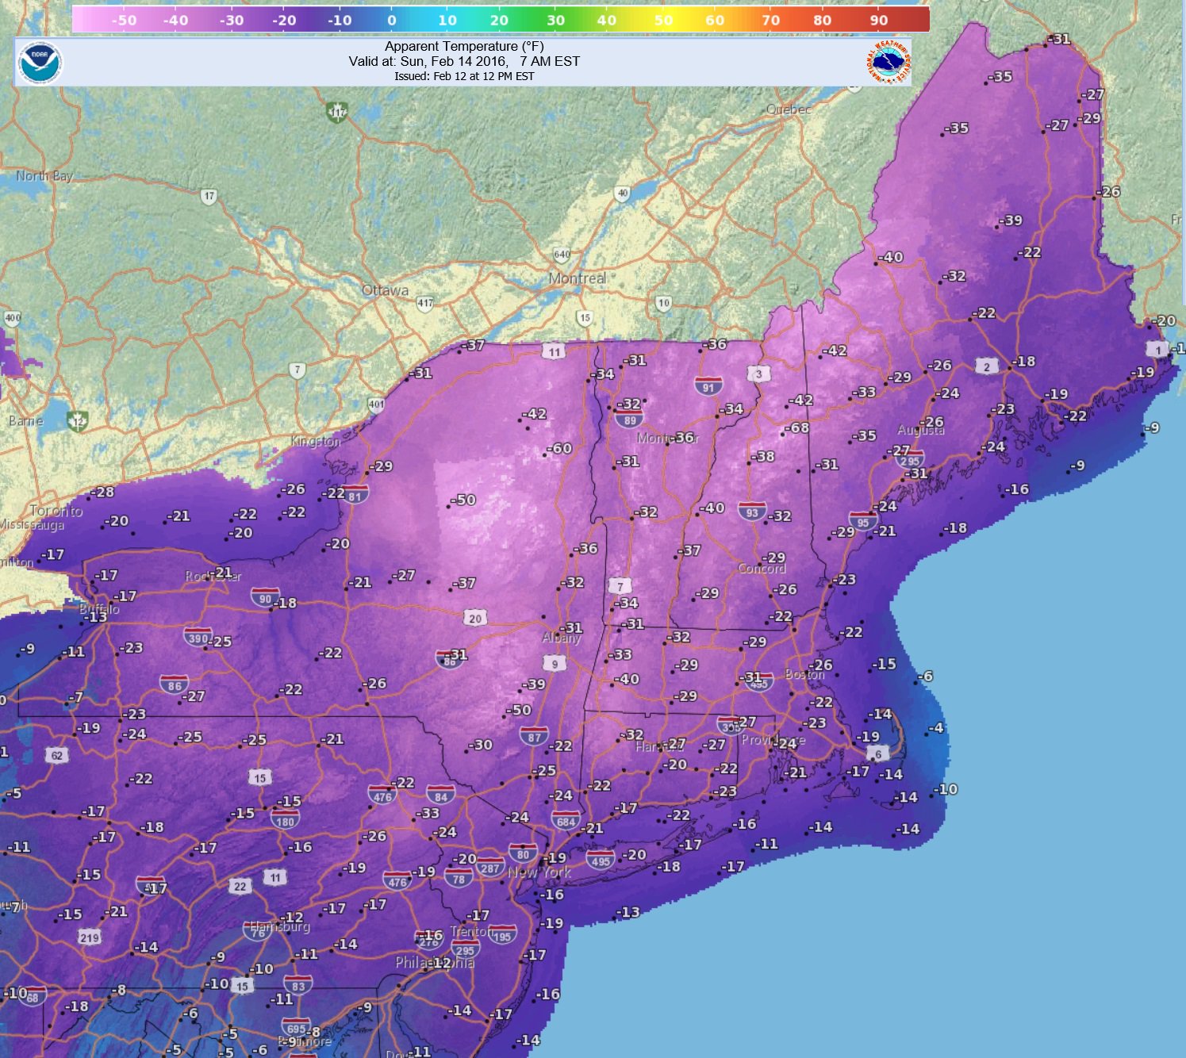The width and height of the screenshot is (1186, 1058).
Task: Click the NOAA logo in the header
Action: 40,63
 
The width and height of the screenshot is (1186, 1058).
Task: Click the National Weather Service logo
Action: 888,63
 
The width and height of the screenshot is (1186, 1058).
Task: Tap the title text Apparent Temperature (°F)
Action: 464,46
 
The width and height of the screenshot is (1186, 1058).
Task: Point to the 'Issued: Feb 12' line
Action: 464,76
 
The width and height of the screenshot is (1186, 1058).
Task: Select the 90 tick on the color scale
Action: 878,21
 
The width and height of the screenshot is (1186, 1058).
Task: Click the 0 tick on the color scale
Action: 391,21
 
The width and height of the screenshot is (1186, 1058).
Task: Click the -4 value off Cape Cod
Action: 936,728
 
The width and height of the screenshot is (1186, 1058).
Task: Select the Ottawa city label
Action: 385,290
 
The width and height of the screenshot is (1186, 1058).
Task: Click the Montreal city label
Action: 577,278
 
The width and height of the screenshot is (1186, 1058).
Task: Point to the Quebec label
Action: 789,109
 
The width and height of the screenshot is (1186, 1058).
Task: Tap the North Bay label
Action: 44,175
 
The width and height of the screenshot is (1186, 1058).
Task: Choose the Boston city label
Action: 804,674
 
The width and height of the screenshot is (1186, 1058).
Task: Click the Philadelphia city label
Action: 435,962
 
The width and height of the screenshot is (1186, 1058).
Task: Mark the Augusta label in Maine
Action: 920,430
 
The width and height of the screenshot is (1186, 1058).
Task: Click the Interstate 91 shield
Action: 708,386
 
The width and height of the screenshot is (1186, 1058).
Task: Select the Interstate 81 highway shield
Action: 355,496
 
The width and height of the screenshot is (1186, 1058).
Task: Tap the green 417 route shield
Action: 337,112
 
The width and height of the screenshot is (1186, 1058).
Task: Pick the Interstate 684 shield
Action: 566,820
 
